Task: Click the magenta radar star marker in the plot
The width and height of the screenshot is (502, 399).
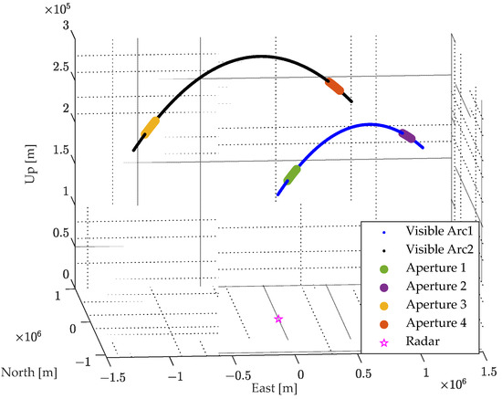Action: (278, 318)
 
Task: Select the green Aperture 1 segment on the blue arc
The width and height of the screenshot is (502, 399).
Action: (292, 173)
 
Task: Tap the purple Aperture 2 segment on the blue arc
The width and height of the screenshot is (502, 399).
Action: (407, 137)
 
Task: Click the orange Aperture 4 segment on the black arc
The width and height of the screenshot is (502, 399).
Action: (334, 86)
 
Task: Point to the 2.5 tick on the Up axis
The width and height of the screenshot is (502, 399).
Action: (62, 68)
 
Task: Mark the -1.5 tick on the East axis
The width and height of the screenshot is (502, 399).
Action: (114, 376)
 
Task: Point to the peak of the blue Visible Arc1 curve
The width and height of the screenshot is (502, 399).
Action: (370, 123)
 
